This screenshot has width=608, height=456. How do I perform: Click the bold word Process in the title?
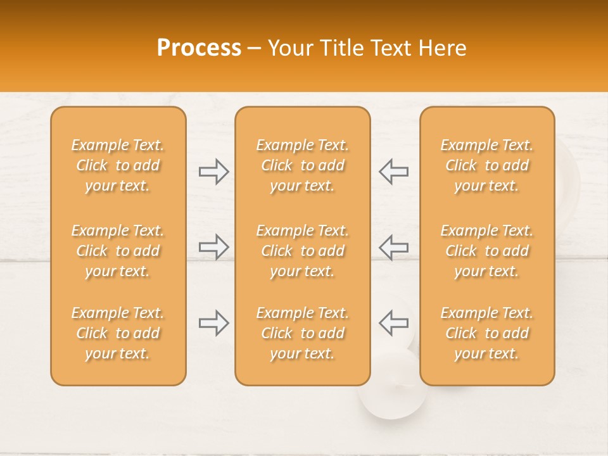click(x=199, y=48)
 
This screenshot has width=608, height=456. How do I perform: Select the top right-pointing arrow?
click(x=213, y=171)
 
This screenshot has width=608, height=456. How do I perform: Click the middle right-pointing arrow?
click(x=213, y=247)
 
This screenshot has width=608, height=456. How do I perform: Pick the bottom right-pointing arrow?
click(x=213, y=323)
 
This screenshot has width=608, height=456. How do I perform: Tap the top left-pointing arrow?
click(x=394, y=171)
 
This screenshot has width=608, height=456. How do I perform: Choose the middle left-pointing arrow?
click(x=394, y=247)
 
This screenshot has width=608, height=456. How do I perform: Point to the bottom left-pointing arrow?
click(x=394, y=323)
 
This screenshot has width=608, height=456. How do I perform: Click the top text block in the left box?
click(x=118, y=165)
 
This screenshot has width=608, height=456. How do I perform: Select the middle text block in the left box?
click(x=118, y=251)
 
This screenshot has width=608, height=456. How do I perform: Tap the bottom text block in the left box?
click(x=118, y=333)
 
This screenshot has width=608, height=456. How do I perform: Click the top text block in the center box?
click(x=303, y=165)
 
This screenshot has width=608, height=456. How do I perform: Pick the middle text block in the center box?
click(x=303, y=251)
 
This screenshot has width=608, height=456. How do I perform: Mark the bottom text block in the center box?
click(x=303, y=333)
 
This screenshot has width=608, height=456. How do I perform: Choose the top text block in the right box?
click(x=487, y=165)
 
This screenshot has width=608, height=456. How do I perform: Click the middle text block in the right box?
click(x=487, y=251)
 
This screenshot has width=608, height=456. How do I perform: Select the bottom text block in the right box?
click(x=487, y=333)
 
